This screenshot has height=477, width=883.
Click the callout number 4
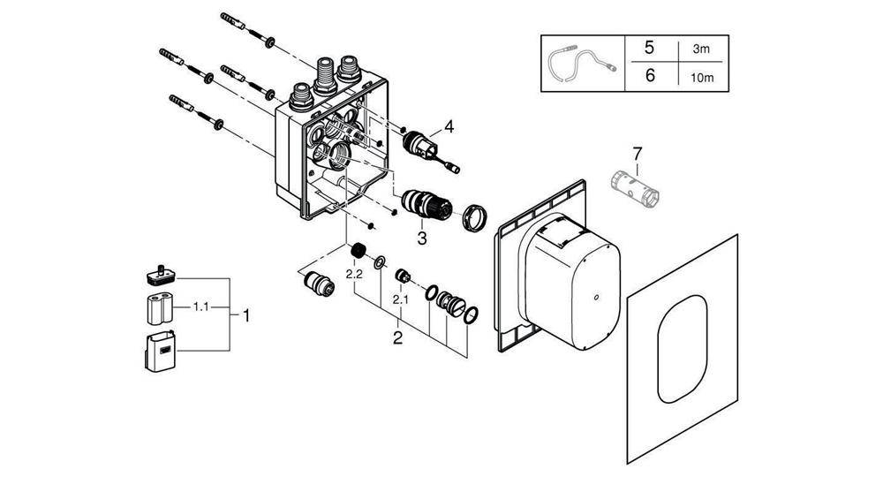pos(449,127)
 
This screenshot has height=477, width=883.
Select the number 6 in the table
pos(651,76)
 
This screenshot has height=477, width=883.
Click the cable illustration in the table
pos(579,63)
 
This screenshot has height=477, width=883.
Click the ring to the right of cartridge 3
pos(473,216)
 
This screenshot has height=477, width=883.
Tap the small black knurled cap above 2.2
pos(358,252)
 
